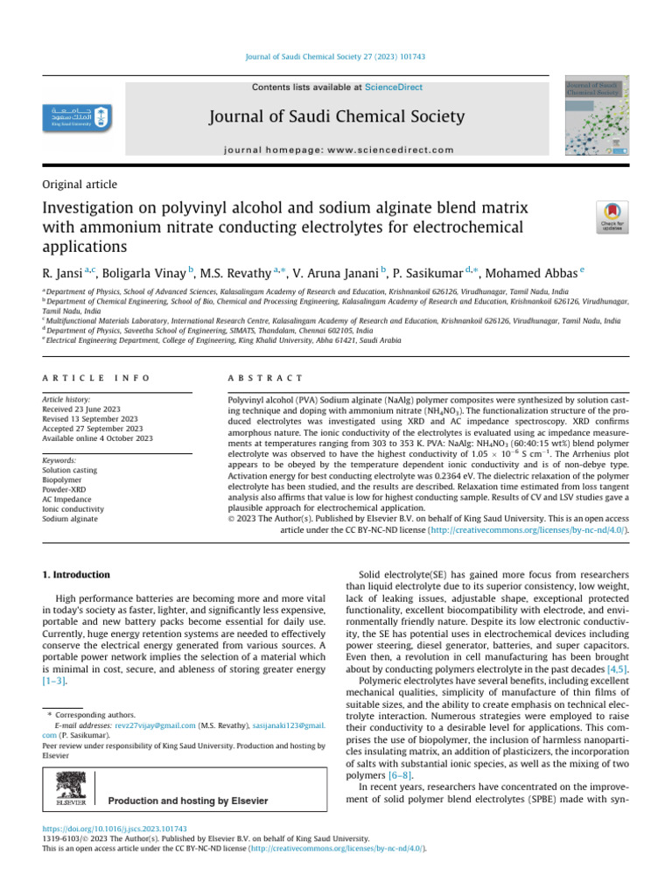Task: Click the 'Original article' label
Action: [x=80, y=185]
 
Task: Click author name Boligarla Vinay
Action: [x=140, y=270]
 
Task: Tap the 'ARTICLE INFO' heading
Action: [x=96, y=377]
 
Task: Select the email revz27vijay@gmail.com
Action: [x=155, y=725]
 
